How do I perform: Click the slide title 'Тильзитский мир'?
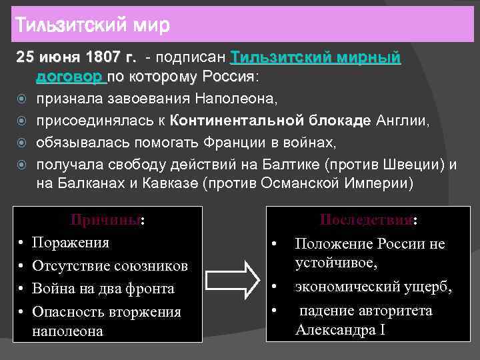(92, 26)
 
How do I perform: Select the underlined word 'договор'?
(70, 77)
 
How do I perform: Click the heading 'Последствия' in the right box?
(367, 221)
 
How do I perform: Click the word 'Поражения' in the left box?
(71, 242)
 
